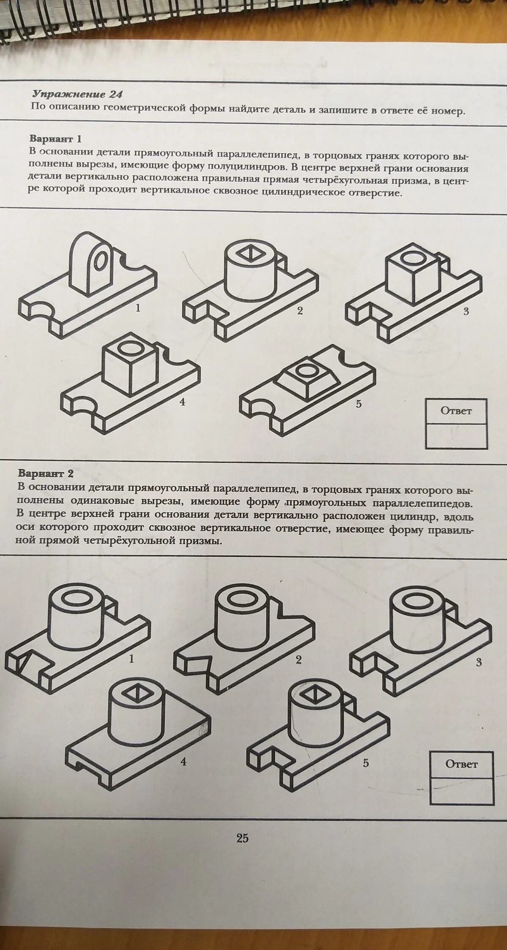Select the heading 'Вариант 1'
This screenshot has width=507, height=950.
55,139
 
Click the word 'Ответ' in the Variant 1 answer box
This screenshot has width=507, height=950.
456,411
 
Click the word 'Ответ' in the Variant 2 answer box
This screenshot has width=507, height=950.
461,764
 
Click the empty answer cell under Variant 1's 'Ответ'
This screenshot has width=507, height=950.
456,436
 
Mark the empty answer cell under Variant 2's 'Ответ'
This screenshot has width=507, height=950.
462,791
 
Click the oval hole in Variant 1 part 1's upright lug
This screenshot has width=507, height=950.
100,261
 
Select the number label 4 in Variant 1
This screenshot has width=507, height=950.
182,402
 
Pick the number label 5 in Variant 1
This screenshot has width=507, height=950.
359,404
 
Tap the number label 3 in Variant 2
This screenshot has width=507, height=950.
478,662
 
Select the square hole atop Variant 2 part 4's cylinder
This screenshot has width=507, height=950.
135,693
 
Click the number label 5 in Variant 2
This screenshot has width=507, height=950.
365,763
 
